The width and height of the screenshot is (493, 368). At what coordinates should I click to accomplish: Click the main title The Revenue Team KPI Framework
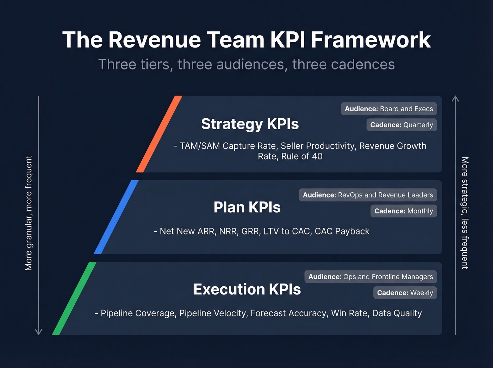pos(246,39)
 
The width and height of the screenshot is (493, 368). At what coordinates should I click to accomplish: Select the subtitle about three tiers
pos(246,64)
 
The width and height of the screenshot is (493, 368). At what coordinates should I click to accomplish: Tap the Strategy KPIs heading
pos(250,124)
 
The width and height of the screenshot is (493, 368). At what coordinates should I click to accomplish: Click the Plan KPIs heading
pos(247,207)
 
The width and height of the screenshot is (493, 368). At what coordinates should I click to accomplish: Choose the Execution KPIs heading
pos(247,289)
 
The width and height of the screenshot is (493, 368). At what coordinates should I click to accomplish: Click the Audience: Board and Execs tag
pos(389,109)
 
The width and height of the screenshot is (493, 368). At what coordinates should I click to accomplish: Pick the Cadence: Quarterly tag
pos(401,125)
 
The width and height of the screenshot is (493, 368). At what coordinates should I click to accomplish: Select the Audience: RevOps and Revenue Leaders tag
pos(368,195)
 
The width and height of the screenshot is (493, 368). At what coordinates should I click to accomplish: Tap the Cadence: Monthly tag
pos(404,211)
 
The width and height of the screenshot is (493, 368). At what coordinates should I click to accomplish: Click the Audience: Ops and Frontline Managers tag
pos(370,277)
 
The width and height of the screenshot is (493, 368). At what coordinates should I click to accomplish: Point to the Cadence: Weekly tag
pos(405,293)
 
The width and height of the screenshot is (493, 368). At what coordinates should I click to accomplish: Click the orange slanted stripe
pos(159,134)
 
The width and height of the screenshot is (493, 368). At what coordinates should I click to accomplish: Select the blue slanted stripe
pos(116,217)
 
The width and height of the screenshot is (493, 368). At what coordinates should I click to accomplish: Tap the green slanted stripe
pos(74,298)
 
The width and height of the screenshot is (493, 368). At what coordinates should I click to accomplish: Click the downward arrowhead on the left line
pos(38,332)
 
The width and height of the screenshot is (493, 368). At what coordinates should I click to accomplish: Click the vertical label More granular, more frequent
pos(29,213)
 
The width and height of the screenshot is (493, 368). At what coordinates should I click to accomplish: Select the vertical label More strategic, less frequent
pos(465,213)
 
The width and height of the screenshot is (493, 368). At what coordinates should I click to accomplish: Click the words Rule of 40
pos(302,156)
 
